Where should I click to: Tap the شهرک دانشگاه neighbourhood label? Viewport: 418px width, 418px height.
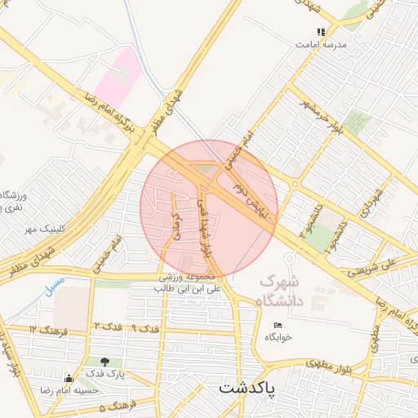(x=279, y=291)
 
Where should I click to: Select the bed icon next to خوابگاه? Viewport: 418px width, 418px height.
(x=278, y=325)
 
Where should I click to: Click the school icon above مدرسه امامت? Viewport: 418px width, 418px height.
(x=321, y=32)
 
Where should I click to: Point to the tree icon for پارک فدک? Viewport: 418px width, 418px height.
(x=104, y=361)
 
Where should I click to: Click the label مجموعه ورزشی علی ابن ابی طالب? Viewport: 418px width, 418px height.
(x=190, y=282)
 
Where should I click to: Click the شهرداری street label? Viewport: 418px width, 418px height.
(x=375, y=199)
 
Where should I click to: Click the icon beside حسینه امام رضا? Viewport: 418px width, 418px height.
(x=69, y=378)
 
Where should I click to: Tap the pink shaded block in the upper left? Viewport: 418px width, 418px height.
(x=117, y=73)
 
